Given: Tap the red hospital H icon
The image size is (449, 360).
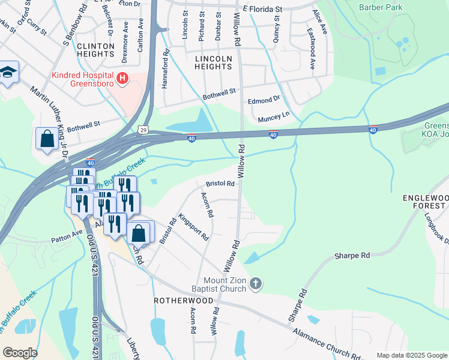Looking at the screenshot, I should click(x=122, y=78).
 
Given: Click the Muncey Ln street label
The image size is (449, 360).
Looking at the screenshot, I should click(x=273, y=113).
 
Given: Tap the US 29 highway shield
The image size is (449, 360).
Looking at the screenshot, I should click(x=142, y=129).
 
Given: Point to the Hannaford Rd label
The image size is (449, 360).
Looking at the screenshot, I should click(x=165, y=69).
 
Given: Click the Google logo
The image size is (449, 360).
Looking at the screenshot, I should click(x=20, y=353).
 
